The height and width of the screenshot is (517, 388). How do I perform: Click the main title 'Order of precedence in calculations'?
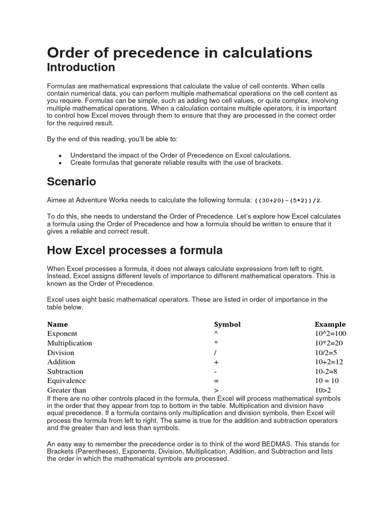pos(179,53)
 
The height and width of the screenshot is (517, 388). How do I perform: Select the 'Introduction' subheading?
pos(81,67)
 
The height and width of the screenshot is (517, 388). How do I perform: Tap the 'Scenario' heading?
pos(71,181)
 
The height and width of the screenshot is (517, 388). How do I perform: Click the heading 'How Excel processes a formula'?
pos(134,250)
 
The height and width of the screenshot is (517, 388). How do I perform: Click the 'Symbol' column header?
pos(227,324)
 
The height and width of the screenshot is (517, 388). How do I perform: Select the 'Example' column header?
pos(330,324)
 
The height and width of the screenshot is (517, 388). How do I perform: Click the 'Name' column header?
pos(58,324)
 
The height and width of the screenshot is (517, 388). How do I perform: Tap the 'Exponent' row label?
pos(62,334)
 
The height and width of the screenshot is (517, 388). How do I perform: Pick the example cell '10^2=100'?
pos(330,334)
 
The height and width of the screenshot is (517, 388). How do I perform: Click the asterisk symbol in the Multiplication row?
pos(216,343)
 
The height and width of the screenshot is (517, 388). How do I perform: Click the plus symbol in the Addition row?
pos(216,362)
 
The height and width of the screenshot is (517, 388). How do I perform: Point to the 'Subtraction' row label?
pos(65,372)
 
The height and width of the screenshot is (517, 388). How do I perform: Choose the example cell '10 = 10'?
pos(327,381)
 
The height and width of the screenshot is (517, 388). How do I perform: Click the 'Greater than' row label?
pos(67,390)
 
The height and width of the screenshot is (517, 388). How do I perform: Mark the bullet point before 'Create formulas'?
pos(61,164)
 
